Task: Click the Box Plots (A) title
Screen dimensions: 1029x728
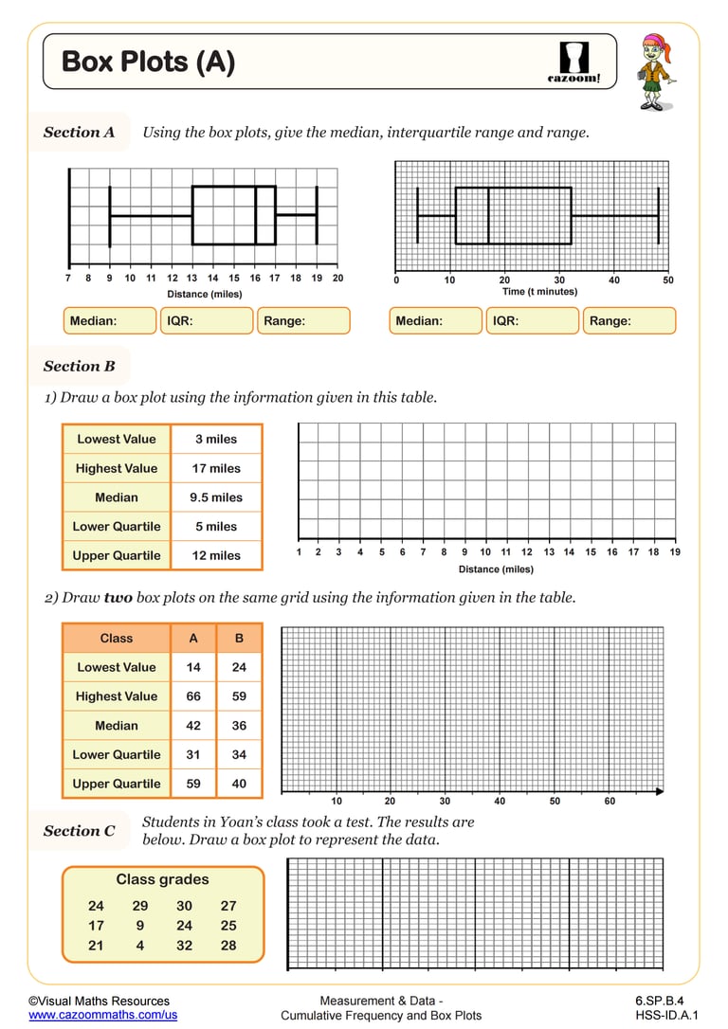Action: [x=148, y=63]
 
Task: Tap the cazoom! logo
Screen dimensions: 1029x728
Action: [x=574, y=62]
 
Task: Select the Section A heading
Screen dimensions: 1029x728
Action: [x=79, y=133]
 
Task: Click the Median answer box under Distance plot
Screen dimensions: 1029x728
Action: [x=109, y=321]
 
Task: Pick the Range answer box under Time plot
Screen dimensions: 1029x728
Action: [x=628, y=321]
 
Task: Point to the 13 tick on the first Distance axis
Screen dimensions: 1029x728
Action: [x=192, y=279]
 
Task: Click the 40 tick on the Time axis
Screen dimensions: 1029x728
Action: [x=614, y=280]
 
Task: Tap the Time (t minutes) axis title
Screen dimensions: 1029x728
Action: [x=539, y=292]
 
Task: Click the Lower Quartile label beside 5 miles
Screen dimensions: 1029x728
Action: [x=117, y=527]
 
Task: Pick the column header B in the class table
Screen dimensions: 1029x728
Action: [x=239, y=639]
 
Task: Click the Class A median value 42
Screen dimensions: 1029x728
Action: [x=193, y=726]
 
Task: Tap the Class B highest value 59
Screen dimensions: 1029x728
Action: [x=239, y=696]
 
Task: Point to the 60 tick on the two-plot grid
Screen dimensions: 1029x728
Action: [x=610, y=802]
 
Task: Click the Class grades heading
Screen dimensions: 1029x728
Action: [x=162, y=880]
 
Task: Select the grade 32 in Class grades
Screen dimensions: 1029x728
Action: [x=184, y=946]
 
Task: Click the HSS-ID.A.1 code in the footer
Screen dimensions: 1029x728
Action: [x=660, y=1015]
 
